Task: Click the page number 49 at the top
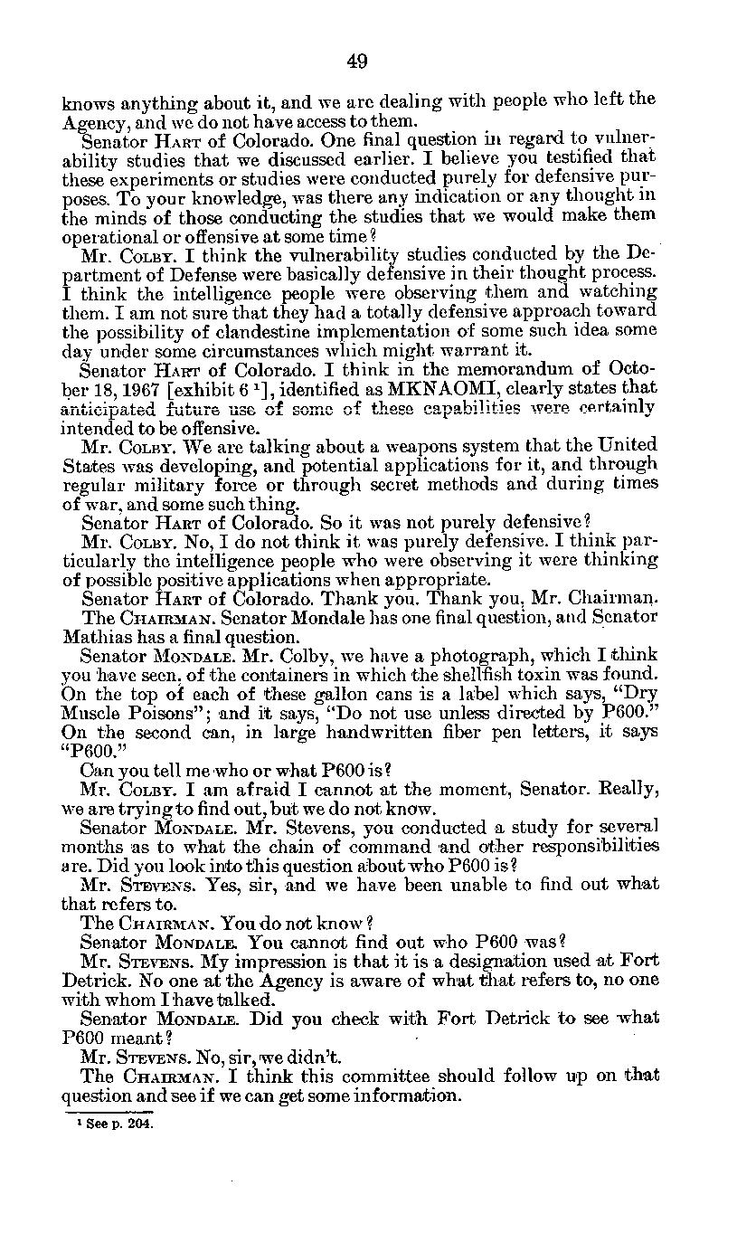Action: click(x=356, y=61)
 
